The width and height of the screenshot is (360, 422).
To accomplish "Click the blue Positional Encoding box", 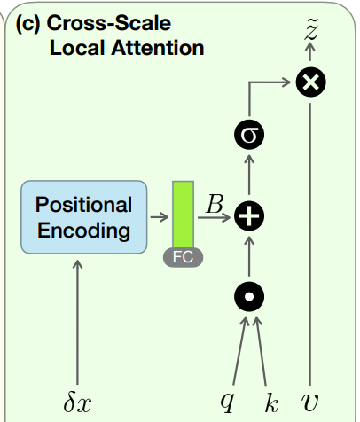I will [x=83, y=217].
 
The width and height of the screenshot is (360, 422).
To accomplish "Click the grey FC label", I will [x=184, y=258].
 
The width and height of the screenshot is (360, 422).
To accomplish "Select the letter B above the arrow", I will [x=215, y=204].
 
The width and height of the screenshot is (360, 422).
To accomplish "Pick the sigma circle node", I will [x=249, y=135].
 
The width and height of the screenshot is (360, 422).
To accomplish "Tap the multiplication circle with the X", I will [x=309, y=82].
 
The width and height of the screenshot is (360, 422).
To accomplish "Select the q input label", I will [x=228, y=402].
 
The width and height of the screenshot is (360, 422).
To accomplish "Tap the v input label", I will [x=309, y=402].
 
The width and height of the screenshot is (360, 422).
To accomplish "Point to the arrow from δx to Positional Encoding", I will [x=78, y=319].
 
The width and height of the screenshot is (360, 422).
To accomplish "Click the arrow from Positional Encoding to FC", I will [x=159, y=216].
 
